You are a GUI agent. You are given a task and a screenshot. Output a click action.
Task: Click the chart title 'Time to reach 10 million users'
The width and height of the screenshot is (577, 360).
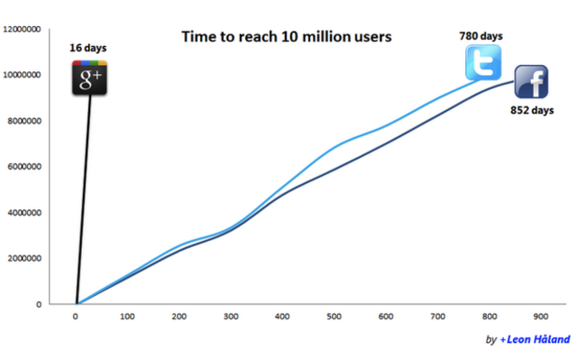[x=287, y=37]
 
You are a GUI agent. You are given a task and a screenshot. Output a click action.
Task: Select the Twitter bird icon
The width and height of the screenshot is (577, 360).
[x=482, y=63]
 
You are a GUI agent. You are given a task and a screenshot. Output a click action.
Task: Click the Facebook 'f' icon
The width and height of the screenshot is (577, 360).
[x=532, y=83]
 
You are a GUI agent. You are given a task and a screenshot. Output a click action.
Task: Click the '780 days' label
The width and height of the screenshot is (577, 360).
[x=481, y=36]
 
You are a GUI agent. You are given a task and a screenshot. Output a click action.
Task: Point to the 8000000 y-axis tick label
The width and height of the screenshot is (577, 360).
[x=24, y=121]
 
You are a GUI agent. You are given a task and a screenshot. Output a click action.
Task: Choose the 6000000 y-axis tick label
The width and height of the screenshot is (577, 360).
[x=24, y=167]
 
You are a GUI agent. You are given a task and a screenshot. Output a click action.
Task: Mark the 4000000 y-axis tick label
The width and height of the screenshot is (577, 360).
[x=24, y=213]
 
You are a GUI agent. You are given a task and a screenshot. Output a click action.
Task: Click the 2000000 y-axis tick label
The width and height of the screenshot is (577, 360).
[x=24, y=259]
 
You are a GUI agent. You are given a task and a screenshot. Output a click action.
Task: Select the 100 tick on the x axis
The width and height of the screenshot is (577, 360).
[x=128, y=317]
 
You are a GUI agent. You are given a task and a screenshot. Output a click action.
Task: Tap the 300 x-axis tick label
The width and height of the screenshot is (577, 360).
[x=232, y=317]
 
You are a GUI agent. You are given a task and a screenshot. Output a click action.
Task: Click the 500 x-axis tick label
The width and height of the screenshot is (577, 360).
[x=334, y=317]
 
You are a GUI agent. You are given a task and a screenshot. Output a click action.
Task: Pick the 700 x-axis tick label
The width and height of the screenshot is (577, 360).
[x=438, y=317]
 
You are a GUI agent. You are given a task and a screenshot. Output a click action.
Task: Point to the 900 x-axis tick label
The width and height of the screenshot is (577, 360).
[x=541, y=317]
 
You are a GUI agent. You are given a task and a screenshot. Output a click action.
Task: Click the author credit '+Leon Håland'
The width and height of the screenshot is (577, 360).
[x=532, y=340]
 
